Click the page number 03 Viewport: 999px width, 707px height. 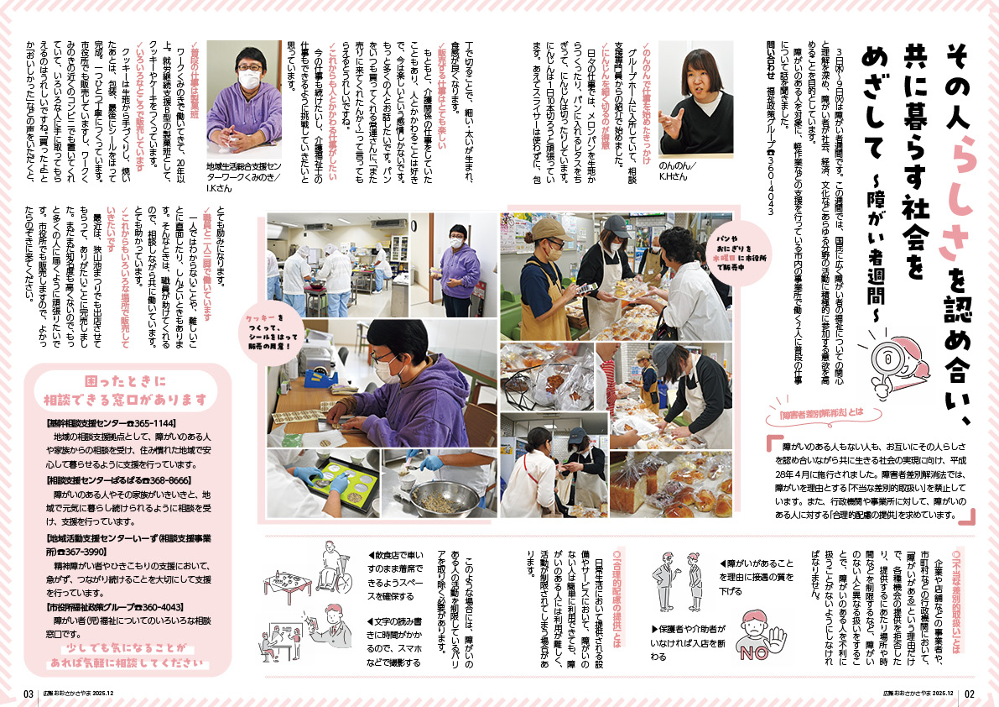(29, 694)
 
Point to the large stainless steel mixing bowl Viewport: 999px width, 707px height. (433, 498)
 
